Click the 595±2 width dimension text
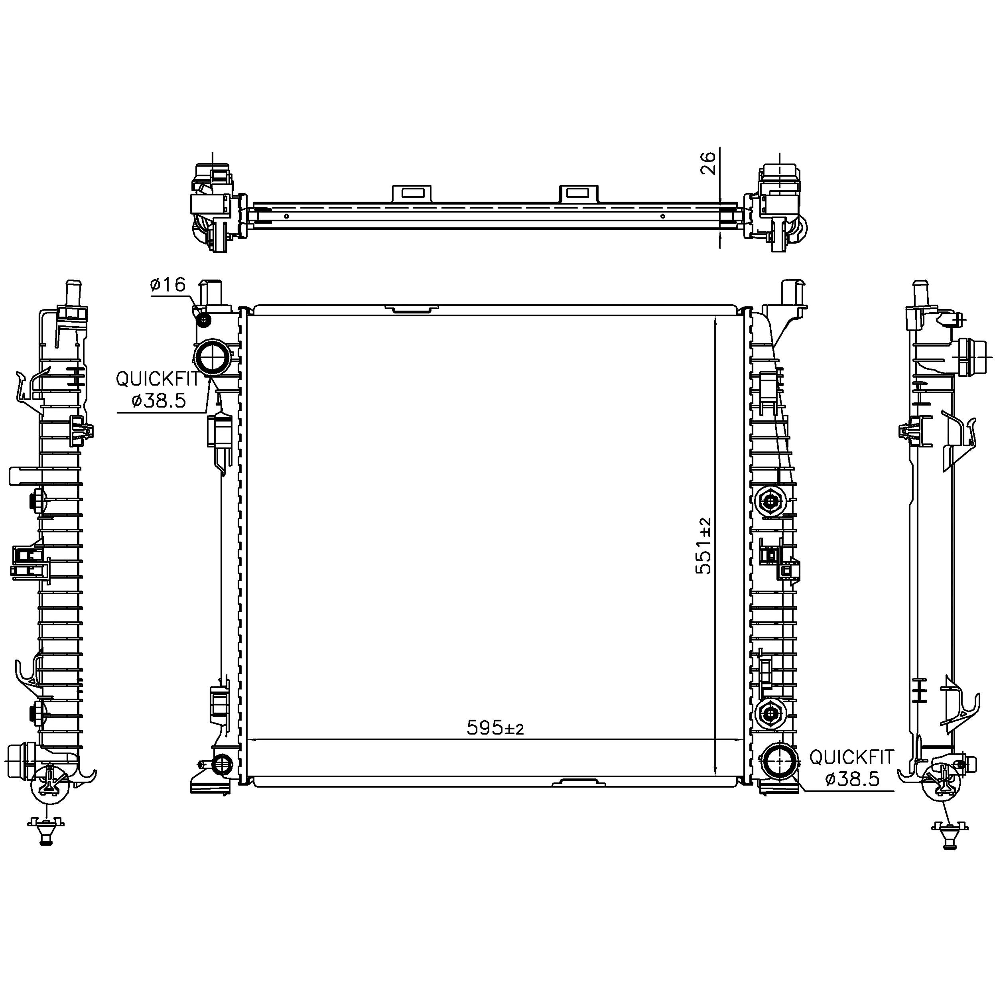click(495, 728)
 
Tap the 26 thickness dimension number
click(709, 163)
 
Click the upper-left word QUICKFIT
click(158, 379)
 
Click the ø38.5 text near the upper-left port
click(158, 401)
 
